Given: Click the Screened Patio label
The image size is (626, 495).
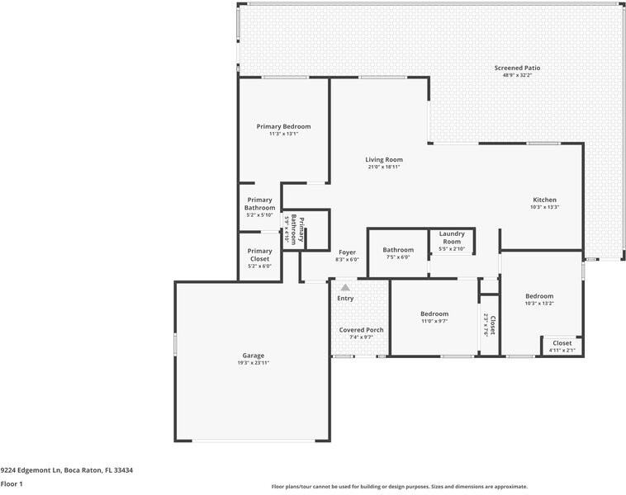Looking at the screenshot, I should point(518,68).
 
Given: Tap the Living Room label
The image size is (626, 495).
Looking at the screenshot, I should point(384,159).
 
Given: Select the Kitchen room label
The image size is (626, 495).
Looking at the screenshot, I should point(544,200).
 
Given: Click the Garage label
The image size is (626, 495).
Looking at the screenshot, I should point(253,356).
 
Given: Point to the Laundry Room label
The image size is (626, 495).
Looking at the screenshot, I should point(452,238).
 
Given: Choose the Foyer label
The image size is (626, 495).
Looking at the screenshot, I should point(347,252).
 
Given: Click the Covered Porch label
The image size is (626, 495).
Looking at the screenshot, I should point(362,330).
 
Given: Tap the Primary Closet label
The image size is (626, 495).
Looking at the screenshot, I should point(259,255).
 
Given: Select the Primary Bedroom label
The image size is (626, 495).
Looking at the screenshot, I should point(283,126).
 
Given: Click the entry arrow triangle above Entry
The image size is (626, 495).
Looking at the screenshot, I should point(345,288).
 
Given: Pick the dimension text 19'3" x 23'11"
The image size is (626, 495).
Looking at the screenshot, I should point(253,363).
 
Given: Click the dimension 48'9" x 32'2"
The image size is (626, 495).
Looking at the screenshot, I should point(518,75).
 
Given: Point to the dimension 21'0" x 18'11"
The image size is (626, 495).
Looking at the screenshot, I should point(384,167).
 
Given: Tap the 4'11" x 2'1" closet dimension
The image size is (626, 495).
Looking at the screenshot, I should point(562,351).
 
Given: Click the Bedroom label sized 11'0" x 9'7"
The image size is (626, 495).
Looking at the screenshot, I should point(434,313).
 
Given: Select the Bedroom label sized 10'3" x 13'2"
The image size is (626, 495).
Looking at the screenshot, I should point(539,296).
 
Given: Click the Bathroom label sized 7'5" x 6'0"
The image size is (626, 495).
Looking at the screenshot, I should point(397,250).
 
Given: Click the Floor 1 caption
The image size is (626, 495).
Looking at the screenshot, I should point(12,484).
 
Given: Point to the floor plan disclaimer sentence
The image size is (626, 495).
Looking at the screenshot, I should point(399,487).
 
